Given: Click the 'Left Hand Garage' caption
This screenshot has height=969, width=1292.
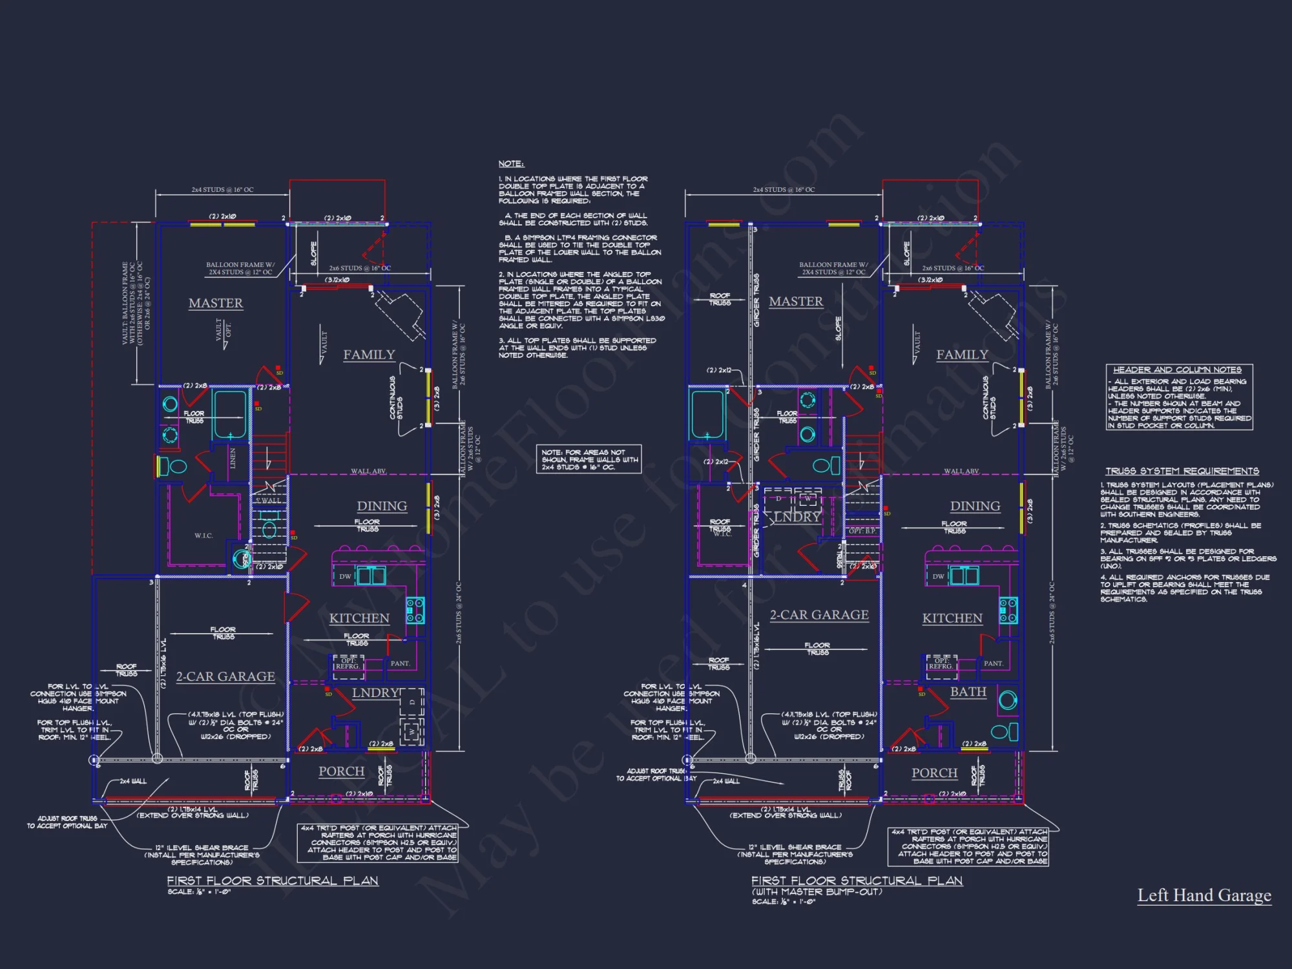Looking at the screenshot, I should click(1204, 895).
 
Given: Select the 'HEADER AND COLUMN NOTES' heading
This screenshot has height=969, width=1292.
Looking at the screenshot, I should click(1177, 370).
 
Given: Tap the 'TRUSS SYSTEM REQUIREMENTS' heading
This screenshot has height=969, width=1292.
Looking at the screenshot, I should click(1182, 471).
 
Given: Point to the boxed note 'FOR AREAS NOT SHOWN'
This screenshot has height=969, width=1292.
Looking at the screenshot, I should click(589, 459).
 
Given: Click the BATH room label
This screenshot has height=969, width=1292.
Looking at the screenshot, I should click(968, 691).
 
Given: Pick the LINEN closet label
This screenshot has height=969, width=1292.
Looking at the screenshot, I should click(233, 458).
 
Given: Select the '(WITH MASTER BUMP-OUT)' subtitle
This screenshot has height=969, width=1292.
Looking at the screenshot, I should click(817, 891).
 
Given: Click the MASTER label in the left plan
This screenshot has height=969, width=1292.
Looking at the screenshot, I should click(216, 303).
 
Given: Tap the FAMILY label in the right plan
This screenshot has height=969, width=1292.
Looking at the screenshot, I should click(962, 355).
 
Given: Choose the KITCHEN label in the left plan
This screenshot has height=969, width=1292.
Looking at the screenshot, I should click(359, 618).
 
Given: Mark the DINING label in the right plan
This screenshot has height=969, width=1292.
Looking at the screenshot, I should click(975, 506).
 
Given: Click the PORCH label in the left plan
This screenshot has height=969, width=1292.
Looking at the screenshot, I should click(341, 771).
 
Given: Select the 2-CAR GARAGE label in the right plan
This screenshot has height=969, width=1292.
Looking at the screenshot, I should click(819, 615).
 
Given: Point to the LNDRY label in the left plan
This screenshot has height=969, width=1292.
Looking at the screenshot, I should click(375, 693).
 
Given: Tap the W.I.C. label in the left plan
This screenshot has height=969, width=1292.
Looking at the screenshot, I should click(203, 536).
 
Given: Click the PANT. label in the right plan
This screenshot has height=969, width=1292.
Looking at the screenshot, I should click(993, 663).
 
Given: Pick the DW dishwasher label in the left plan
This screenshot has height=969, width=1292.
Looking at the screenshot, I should click(345, 576).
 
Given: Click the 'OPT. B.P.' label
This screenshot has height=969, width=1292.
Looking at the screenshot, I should click(862, 531).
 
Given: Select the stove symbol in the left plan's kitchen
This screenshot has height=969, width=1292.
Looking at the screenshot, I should click(415, 610).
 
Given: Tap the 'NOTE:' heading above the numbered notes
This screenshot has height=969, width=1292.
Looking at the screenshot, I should click(511, 164).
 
